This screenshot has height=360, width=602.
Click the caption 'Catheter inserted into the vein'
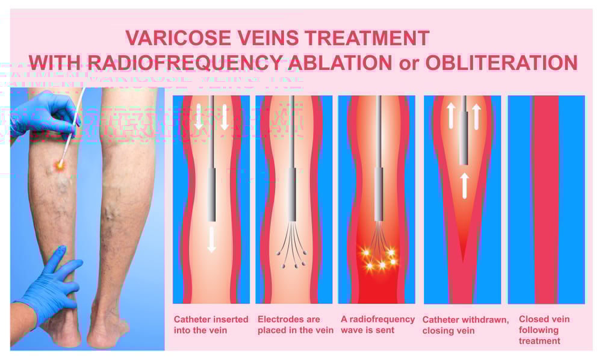click(x=211, y=325)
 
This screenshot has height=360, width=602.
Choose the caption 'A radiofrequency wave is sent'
click(x=377, y=325)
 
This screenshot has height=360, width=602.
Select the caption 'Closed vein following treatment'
click(x=544, y=330)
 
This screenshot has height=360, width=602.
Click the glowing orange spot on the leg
click(x=61, y=164)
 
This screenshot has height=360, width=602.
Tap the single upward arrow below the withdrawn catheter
click(x=463, y=185)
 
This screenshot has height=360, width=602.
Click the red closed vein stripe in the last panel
click(x=546, y=199)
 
